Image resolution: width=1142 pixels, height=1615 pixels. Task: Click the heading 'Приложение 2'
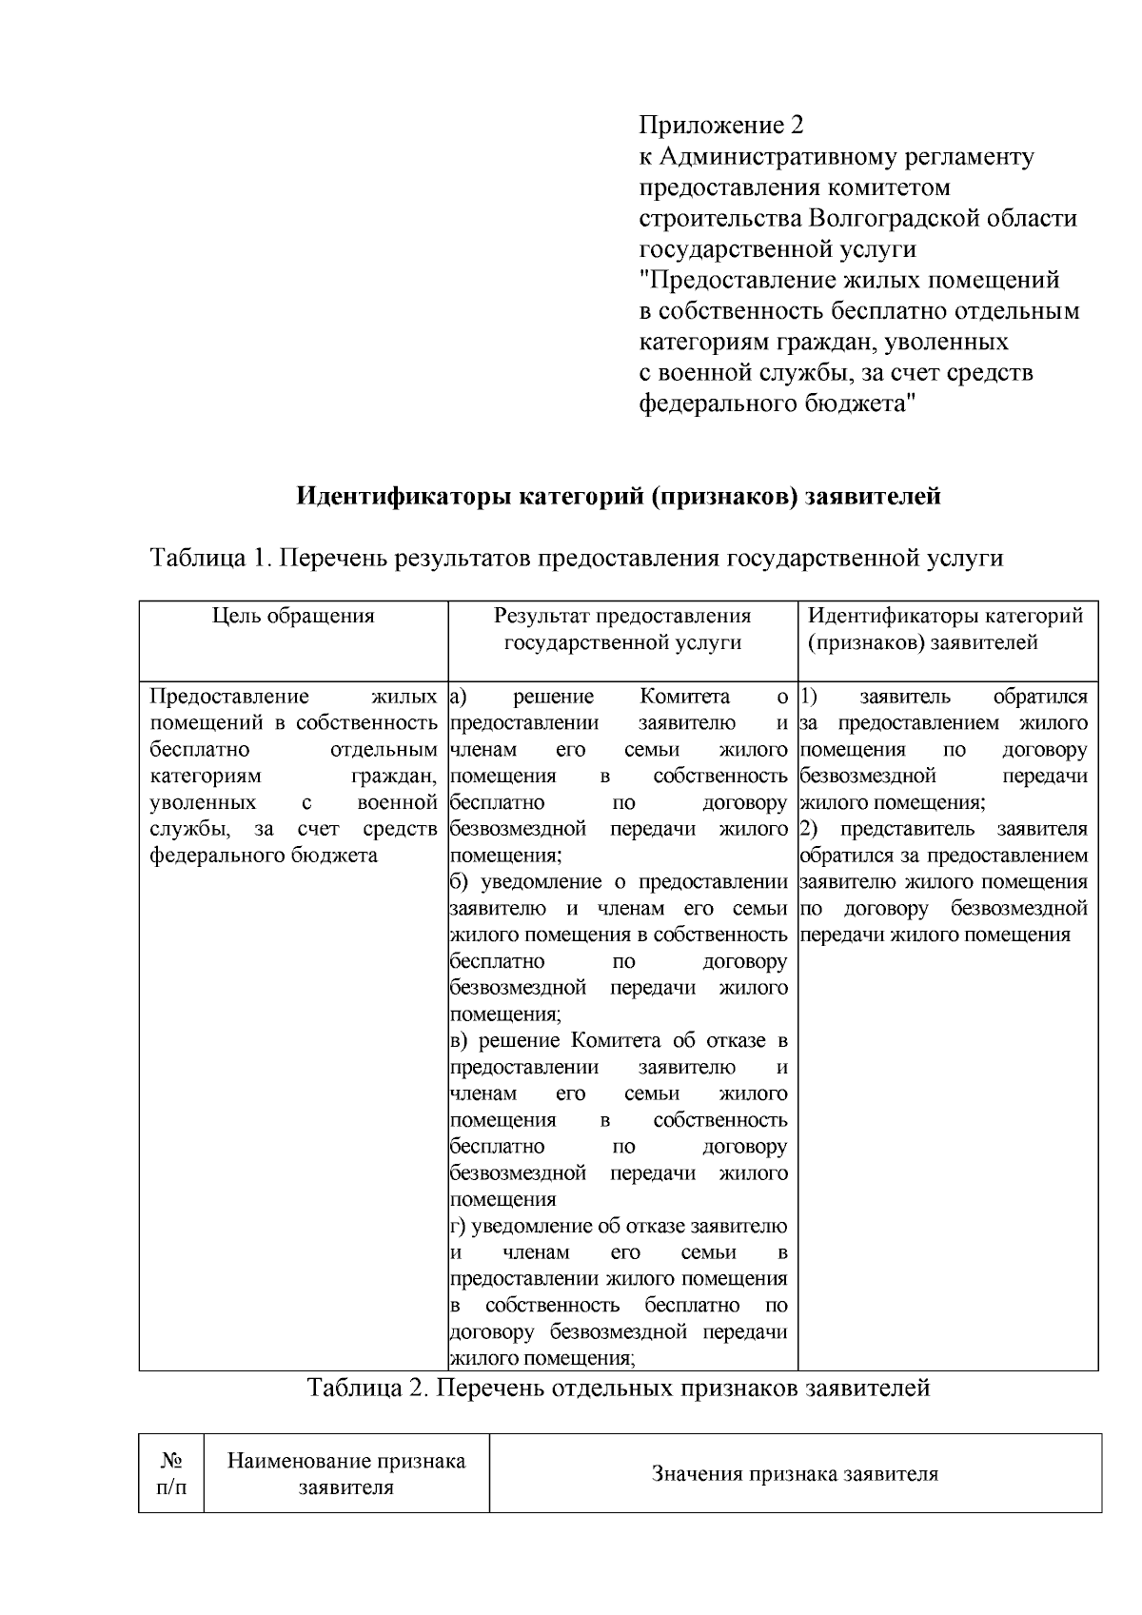point(720,126)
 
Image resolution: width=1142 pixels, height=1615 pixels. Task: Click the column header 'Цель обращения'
point(293,616)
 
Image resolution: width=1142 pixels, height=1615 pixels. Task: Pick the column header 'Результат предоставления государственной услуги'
point(622,629)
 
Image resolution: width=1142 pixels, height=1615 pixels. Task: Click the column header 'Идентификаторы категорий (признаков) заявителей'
point(945,629)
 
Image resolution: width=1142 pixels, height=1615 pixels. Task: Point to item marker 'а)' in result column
point(458,697)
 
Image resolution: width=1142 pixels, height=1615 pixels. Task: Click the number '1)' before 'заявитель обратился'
point(810,697)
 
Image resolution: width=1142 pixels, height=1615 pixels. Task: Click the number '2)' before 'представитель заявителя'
point(810,829)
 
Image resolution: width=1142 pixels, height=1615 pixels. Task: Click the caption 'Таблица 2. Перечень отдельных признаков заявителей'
point(618,1388)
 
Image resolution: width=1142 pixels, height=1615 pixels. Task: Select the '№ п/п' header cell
point(171,1473)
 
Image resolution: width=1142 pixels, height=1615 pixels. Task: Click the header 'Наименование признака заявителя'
point(346,1473)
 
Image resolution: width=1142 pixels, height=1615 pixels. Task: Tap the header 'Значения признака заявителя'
point(795,1474)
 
